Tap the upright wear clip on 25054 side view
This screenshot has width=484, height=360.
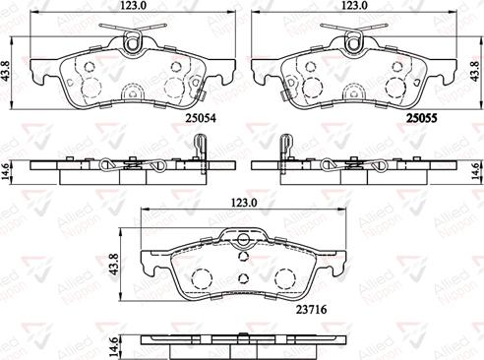[x=198, y=148]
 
